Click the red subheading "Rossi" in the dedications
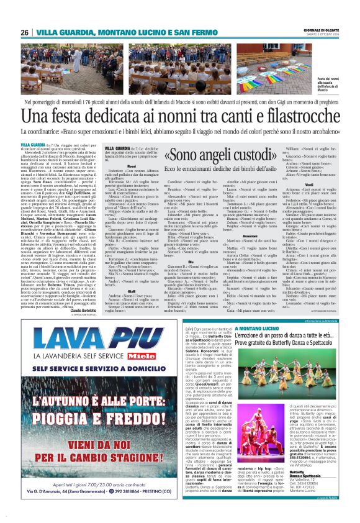(131, 166)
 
